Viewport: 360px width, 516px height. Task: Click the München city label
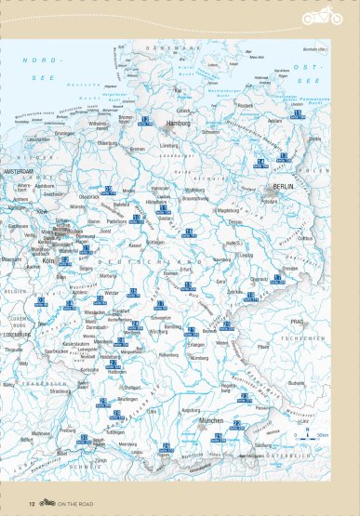click(211, 421)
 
